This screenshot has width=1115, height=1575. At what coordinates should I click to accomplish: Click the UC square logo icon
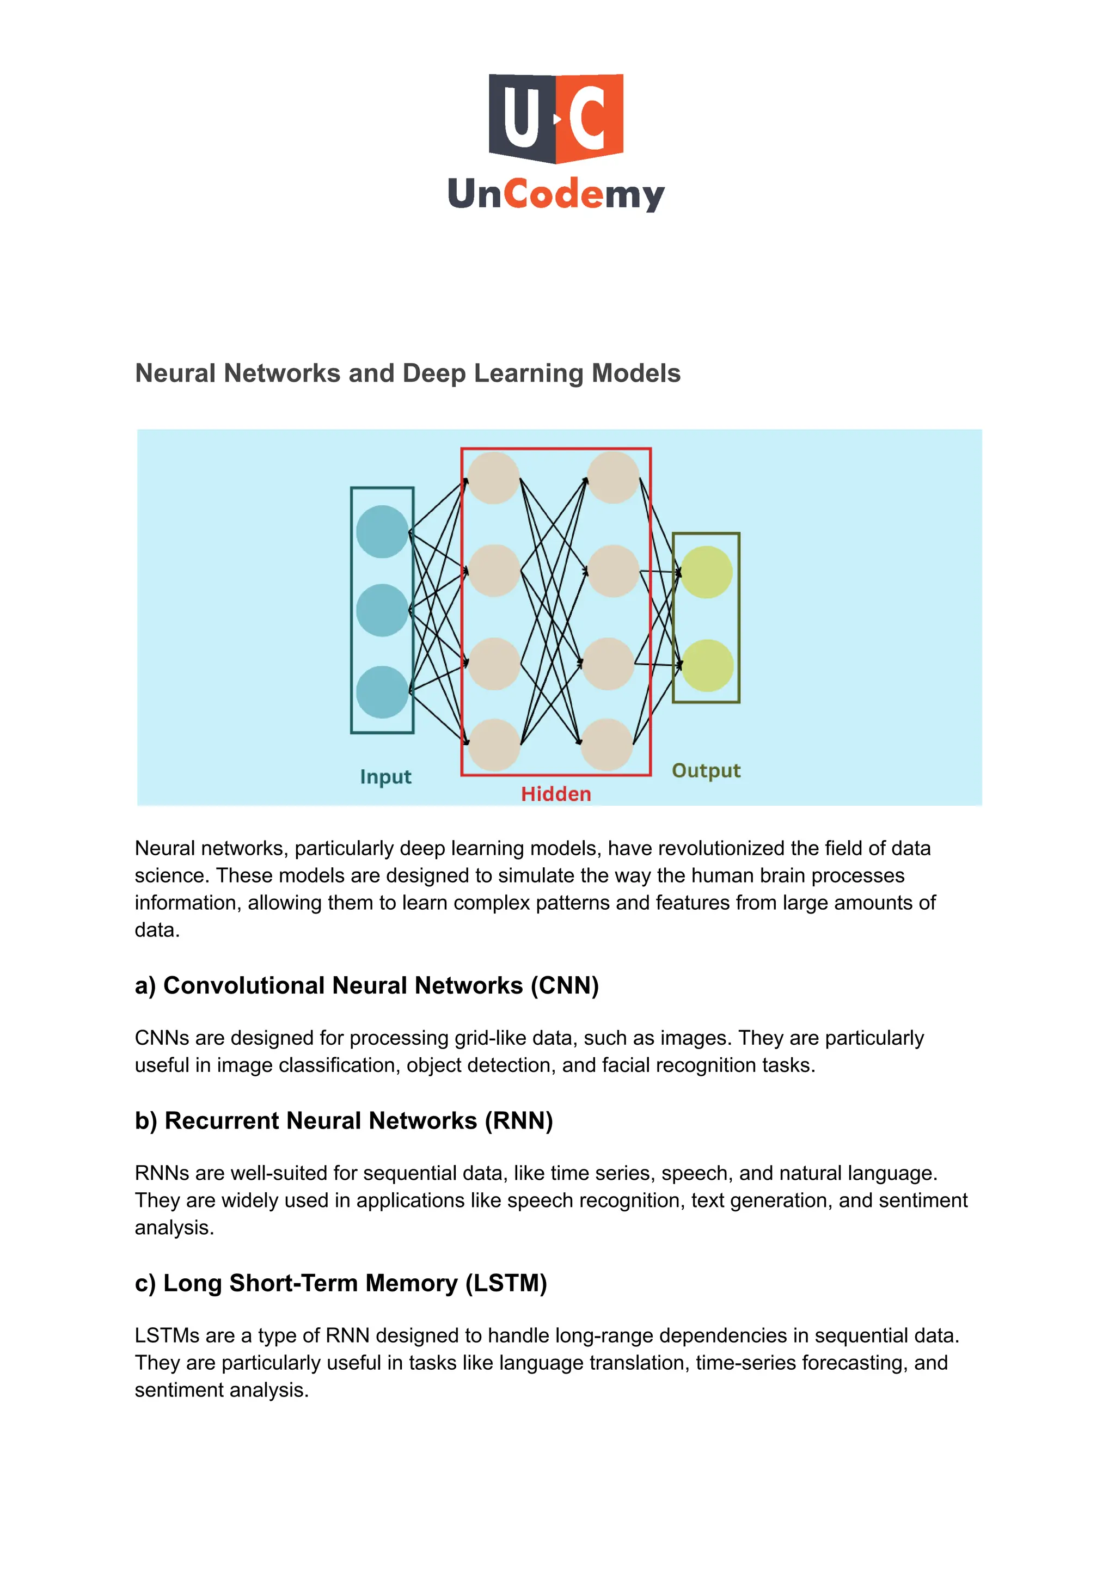point(555,118)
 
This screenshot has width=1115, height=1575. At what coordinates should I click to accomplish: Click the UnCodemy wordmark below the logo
point(555,194)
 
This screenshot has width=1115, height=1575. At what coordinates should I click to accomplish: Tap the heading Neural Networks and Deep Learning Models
point(407,373)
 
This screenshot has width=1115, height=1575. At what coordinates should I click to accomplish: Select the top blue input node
point(382,531)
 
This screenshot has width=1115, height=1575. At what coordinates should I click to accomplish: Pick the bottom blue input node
point(382,692)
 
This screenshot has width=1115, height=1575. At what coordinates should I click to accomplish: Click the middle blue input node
point(382,610)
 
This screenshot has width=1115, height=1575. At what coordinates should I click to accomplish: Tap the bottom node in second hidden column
point(606,745)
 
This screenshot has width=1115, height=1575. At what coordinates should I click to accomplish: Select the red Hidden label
point(555,794)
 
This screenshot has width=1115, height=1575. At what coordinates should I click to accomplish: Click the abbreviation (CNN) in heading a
point(565,986)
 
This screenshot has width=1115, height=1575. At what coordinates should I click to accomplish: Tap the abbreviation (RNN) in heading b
point(518,1121)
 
